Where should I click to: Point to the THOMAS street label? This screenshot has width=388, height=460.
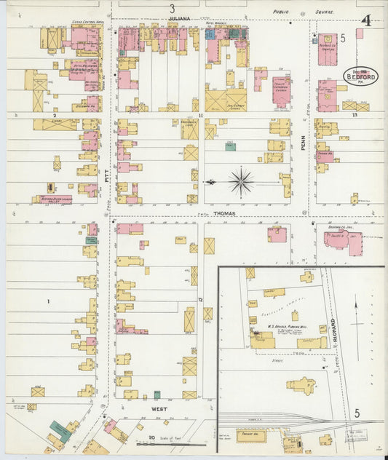coord(223,213)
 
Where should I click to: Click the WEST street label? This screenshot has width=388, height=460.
coord(160,410)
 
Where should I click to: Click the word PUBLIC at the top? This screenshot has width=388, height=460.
coord(281,12)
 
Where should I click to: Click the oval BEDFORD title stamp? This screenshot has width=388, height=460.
coord(356,77)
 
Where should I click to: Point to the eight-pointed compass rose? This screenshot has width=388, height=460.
coord(240,181)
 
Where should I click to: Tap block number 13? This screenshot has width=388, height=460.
coord(355,115)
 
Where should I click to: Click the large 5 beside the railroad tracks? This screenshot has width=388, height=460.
coord(357,413)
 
